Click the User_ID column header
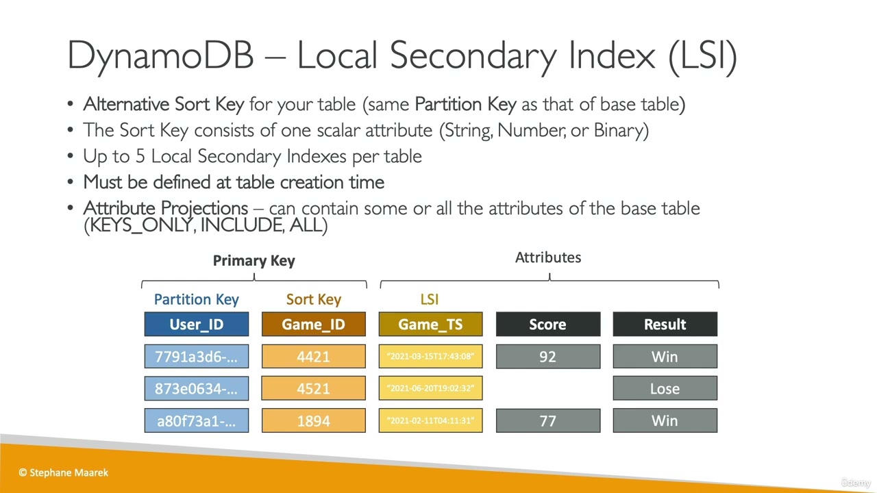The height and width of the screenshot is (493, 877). (x=196, y=325)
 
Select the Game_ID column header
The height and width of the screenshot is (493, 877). (x=313, y=325)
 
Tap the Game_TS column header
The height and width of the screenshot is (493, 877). (x=430, y=325)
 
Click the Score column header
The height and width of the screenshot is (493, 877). (x=547, y=325)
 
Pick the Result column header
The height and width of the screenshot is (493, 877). (x=665, y=325)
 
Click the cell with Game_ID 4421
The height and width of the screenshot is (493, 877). (x=313, y=357)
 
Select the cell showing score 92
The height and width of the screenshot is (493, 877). (x=547, y=357)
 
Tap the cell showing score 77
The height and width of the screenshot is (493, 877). (x=547, y=420)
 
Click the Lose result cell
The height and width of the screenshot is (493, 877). (x=665, y=388)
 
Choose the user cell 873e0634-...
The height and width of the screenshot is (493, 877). (x=196, y=388)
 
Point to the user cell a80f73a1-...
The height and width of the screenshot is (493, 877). (x=196, y=420)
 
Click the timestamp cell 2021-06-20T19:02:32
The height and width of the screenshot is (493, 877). (x=430, y=388)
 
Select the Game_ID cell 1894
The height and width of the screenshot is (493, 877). (x=313, y=420)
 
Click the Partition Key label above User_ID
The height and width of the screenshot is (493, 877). (x=196, y=299)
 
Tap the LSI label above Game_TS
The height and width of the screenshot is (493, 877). (x=429, y=299)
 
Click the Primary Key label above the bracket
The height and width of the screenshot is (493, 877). (x=254, y=260)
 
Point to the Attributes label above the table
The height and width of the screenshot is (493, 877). (x=547, y=257)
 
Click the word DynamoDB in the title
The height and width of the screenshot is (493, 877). (x=160, y=55)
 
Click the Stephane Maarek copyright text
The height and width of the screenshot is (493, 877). (x=64, y=472)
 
